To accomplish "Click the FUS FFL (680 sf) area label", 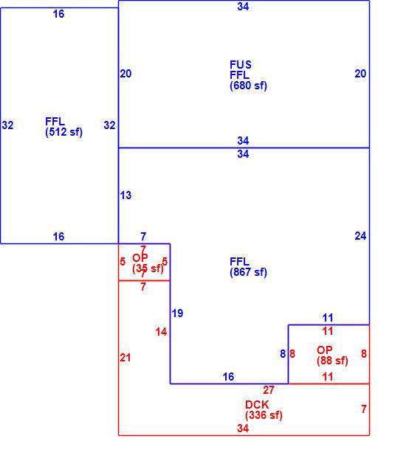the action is tap(248, 75).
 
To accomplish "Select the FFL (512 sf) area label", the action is tap(63, 127).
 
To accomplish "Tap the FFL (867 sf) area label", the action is tap(248, 267).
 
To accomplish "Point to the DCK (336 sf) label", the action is tap(264, 410).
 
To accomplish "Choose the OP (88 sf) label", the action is tap(332, 355).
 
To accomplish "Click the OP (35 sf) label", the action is tap(148, 263).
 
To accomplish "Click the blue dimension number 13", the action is tap(125, 195).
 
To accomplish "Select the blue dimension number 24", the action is tap(360, 236).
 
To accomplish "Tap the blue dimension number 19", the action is tap(177, 313).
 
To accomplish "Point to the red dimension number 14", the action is tap(161, 332).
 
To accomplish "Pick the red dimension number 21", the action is tap(125, 358).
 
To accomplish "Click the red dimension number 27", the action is tap(269, 390).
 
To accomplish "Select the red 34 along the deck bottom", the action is tap(243, 428).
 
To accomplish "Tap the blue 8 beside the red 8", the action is tap(283, 354).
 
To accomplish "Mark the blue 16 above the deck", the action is tap(228, 377).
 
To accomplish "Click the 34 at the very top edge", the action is tap(243, 7).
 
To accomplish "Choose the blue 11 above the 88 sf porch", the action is tap(328, 318).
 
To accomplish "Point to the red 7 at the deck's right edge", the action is tap(364, 409).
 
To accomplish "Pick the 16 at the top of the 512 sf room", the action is tap(58, 14).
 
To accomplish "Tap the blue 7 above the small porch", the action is tap(143, 237).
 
